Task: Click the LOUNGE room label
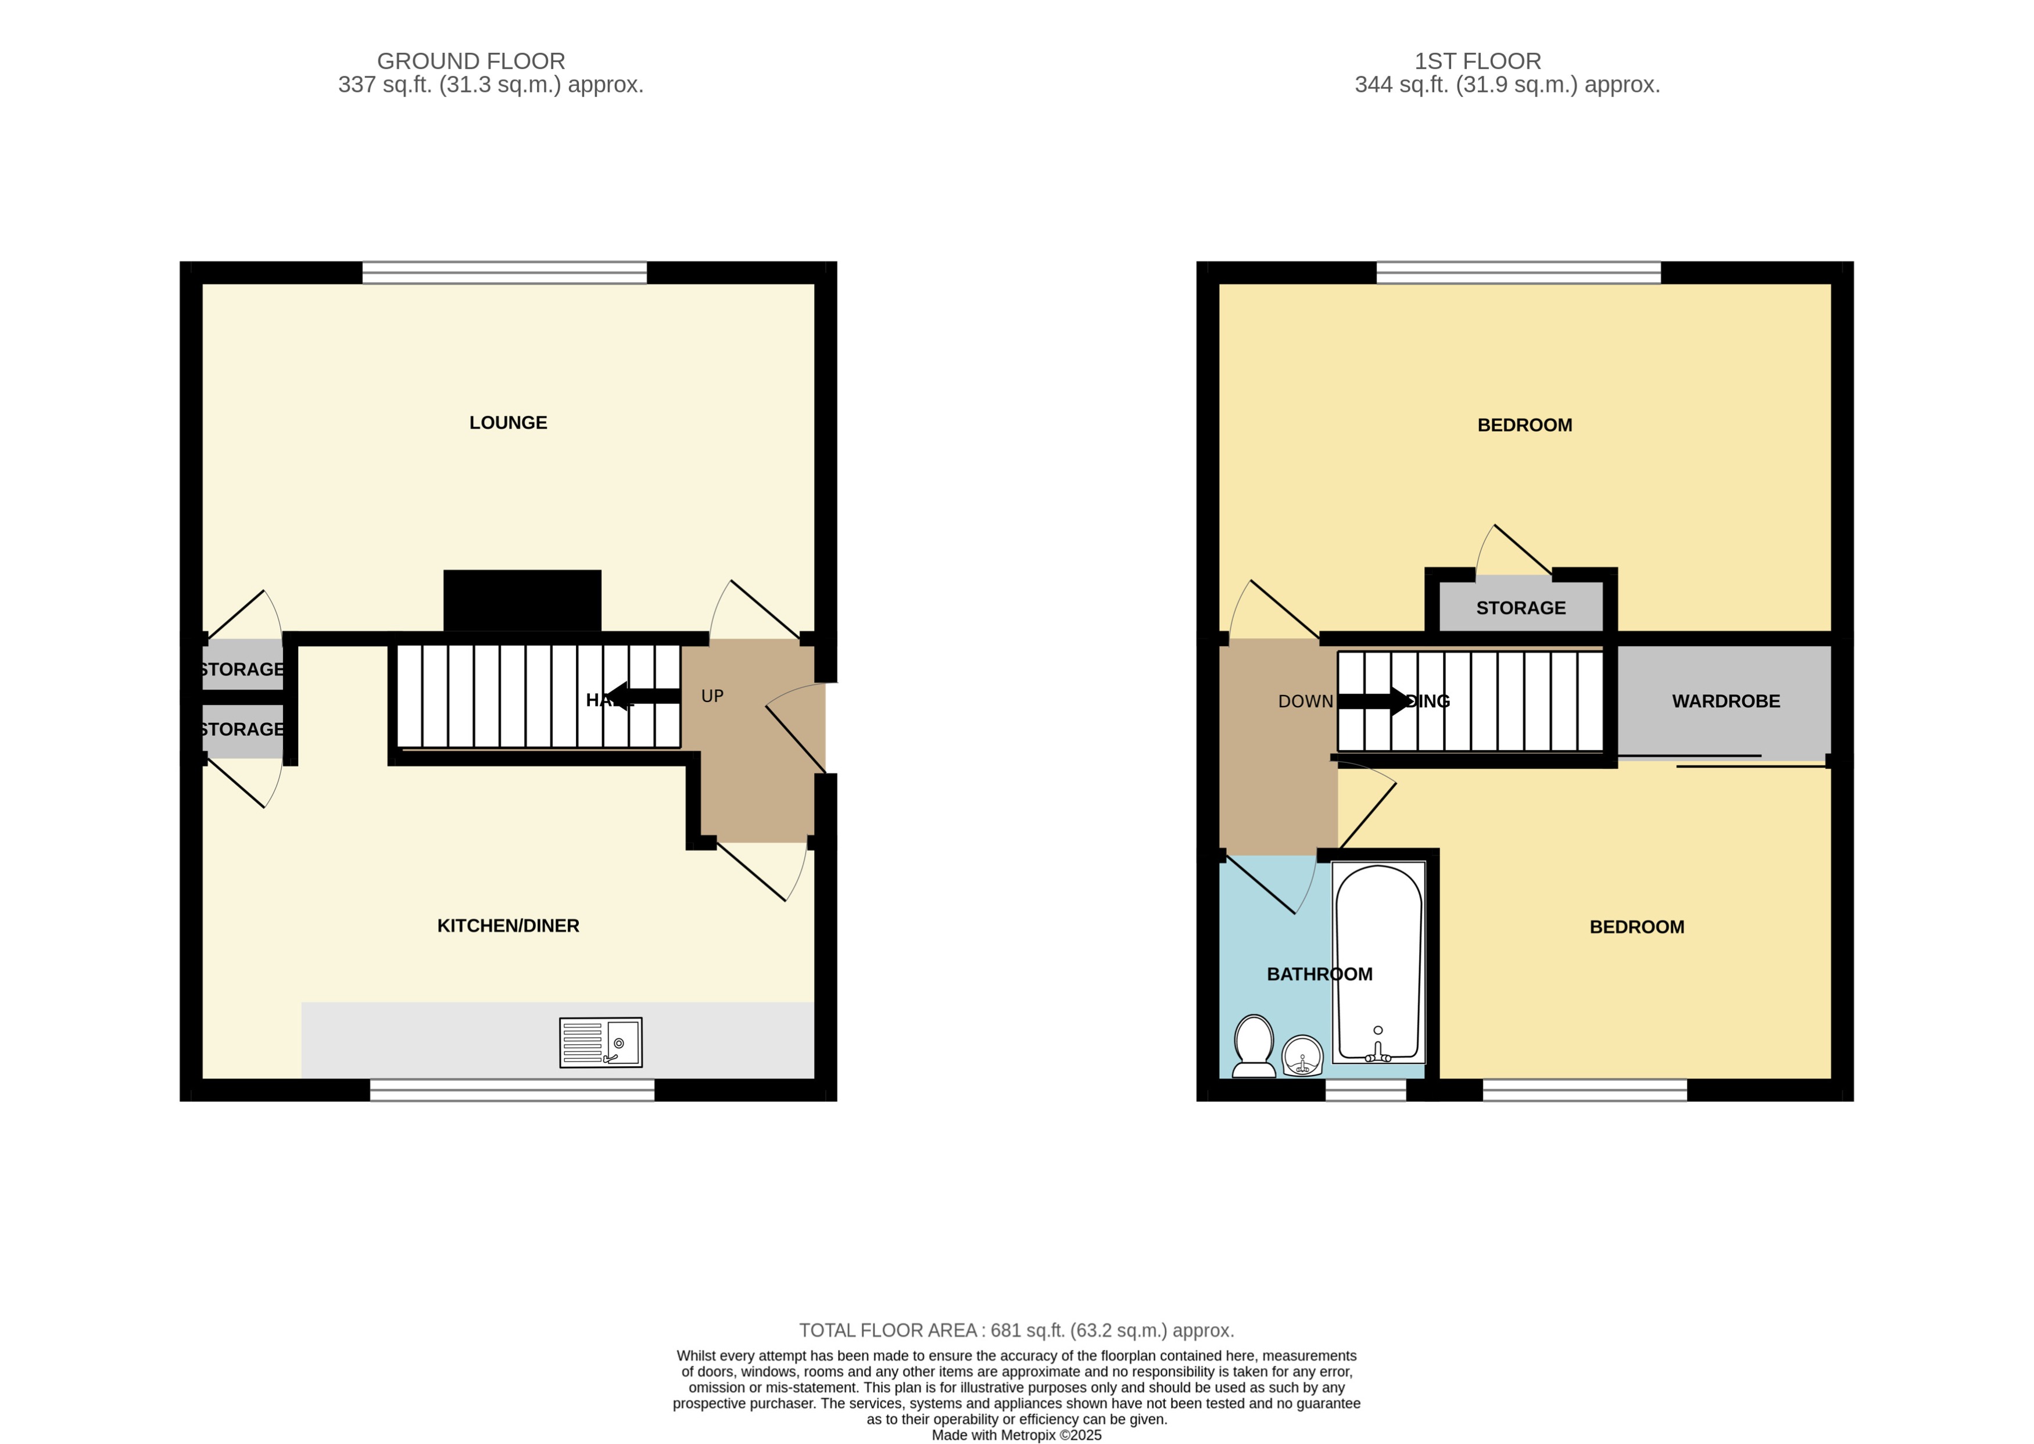507,423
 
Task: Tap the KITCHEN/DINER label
507,926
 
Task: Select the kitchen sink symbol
601,1042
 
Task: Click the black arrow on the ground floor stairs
642,696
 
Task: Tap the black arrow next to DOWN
1373,701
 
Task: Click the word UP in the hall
712,696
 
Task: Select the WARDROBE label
1725,701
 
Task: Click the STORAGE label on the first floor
1520,608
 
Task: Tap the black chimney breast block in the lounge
522,600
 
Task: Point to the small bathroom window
1366,1090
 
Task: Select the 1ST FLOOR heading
1477,62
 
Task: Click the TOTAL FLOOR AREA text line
1016,1330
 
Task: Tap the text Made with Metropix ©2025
1016,1434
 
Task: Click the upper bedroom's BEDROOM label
1524,425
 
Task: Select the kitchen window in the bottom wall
511,1090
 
